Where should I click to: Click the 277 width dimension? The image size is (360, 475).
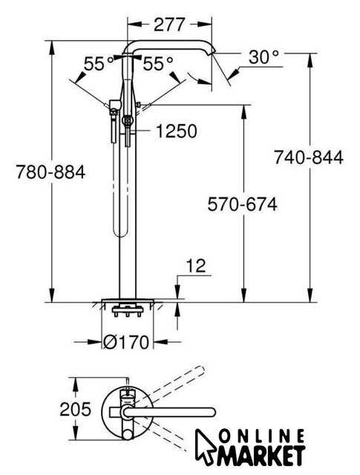169,24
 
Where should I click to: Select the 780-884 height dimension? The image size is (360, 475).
50,172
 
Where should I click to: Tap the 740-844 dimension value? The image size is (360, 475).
309,157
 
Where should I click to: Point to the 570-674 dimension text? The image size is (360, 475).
242,204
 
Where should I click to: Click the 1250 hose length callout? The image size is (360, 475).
177,131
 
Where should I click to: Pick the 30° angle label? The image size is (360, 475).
264,56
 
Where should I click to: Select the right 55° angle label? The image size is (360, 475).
158,64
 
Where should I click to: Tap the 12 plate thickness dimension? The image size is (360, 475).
196,266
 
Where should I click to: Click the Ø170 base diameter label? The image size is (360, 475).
126,342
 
